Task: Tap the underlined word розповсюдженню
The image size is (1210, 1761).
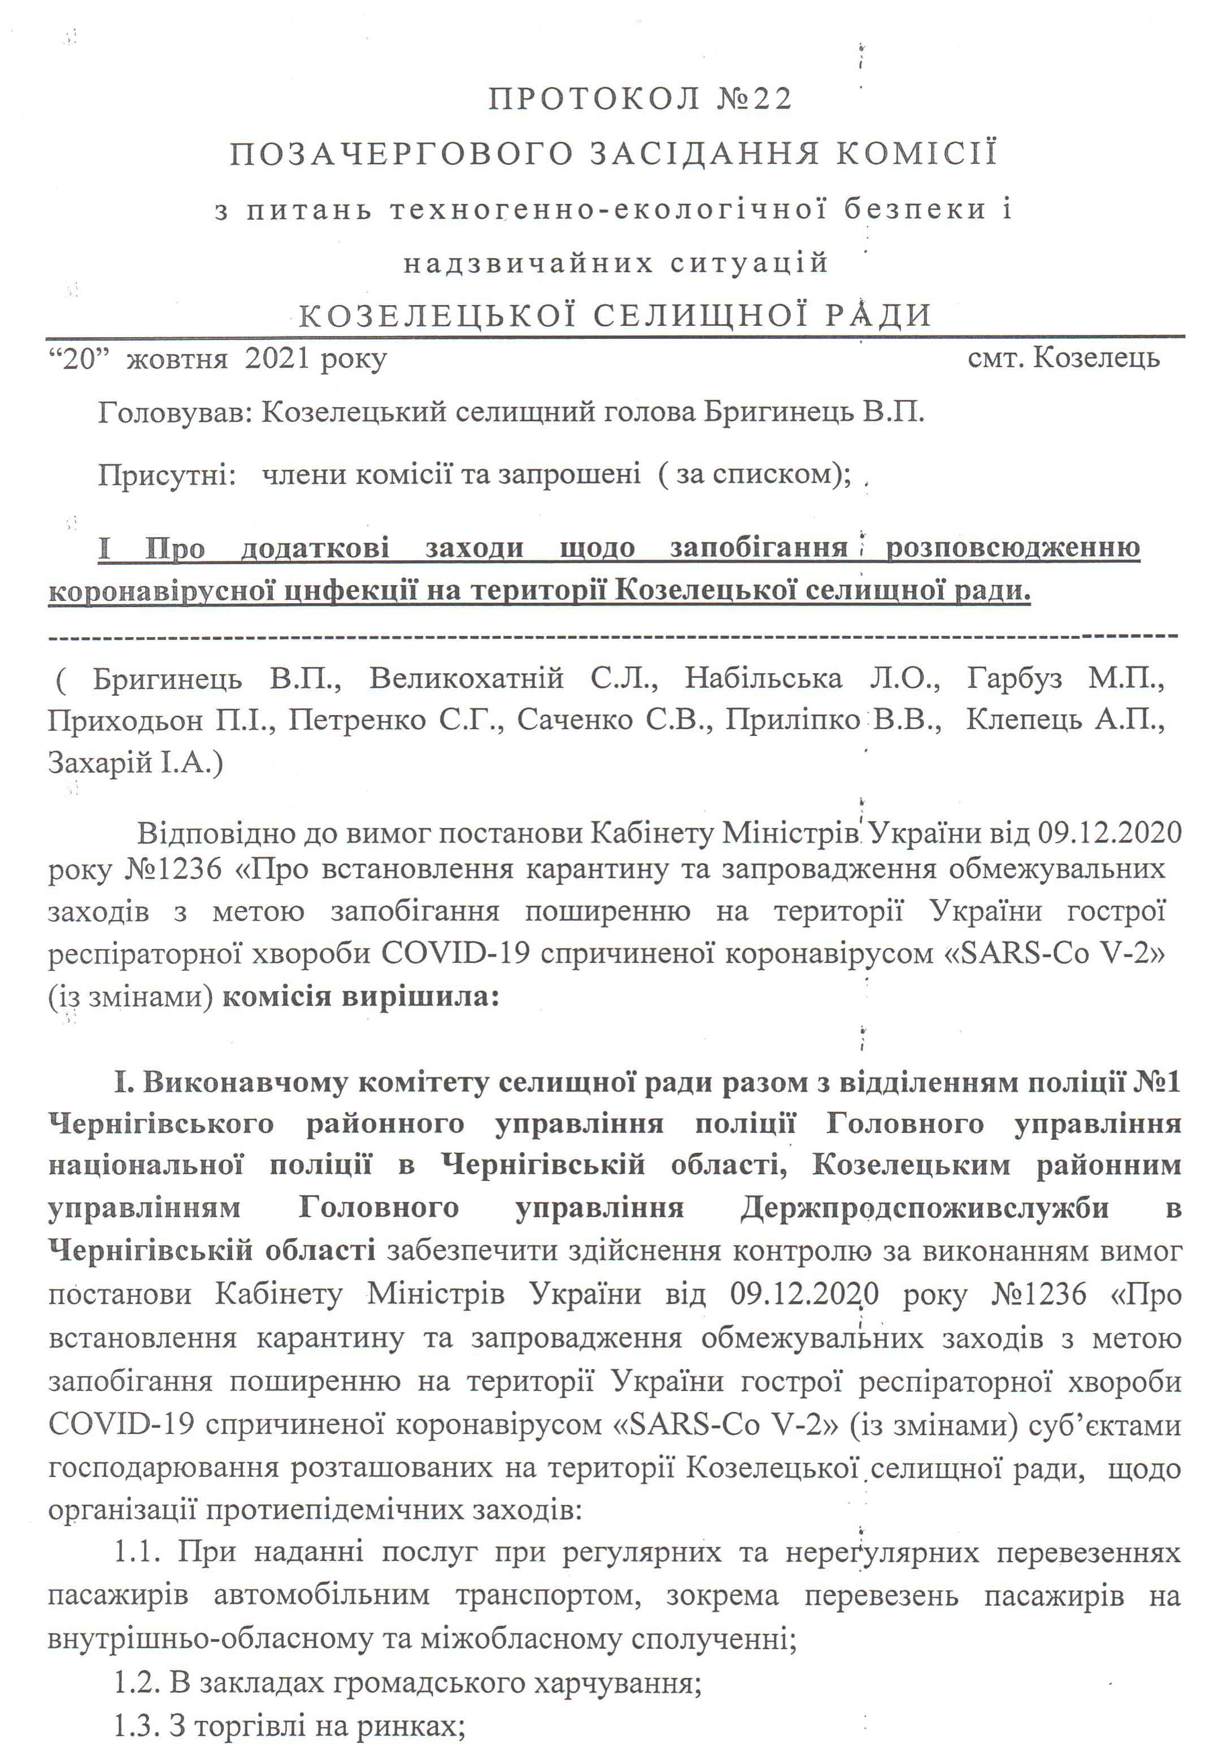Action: pyautogui.click(x=1013, y=547)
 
